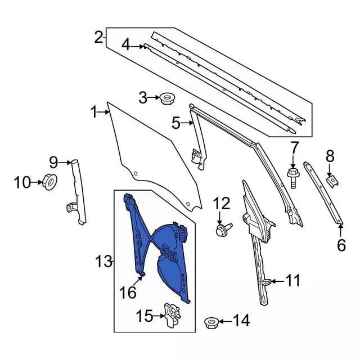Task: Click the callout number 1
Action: [94, 112]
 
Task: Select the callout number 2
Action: [99, 38]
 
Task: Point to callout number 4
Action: [126, 44]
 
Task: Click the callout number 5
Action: [176, 122]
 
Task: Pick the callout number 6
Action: [341, 245]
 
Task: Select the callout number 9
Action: [53, 163]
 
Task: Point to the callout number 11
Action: [293, 280]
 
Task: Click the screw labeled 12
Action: [221, 229]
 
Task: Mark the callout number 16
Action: [128, 292]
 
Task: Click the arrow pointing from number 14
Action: [225, 322]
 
